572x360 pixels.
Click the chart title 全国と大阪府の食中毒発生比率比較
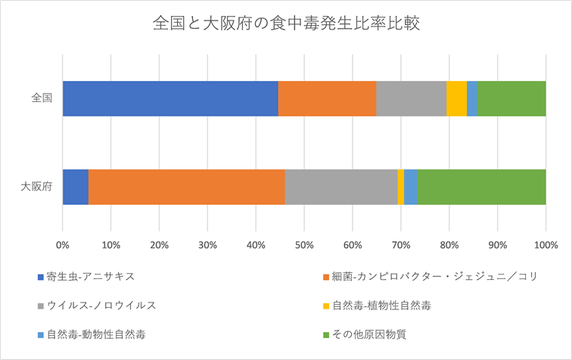[x=286, y=23]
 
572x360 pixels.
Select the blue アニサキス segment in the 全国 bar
[x=170, y=98]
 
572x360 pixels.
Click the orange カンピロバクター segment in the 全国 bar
[x=327, y=98]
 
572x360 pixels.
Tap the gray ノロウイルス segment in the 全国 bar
[x=411, y=98]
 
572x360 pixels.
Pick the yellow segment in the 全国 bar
[x=456, y=98]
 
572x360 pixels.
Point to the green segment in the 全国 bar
[x=511, y=98]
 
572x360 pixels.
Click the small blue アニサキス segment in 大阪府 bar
[x=76, y=187]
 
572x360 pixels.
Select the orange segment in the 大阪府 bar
[x=186, y=187]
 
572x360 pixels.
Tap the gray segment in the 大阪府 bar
[x=340, y=187]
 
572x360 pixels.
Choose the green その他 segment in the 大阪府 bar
[x=481, y=187]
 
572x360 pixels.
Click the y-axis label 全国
[x=42, y=98]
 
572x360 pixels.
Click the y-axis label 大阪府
[x=36, y=187]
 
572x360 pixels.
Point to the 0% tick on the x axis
[x=63, y=245]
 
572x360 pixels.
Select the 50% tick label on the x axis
[x=304, y=245]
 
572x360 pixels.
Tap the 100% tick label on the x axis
[x=545, y=245]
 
